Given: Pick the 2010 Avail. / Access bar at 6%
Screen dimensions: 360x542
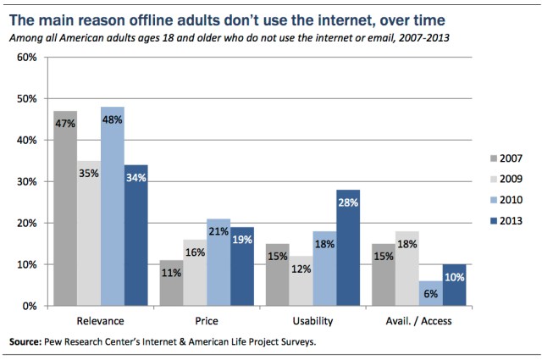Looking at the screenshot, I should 430,293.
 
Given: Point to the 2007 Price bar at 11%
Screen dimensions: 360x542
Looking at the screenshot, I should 171,283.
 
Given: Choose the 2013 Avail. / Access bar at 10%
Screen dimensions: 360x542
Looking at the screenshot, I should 454,285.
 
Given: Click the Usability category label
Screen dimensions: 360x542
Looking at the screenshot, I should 312,322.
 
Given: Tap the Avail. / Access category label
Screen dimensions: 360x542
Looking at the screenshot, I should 418,322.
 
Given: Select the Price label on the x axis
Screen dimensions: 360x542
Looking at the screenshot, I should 207,322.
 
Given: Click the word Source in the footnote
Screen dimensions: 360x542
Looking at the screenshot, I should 27,342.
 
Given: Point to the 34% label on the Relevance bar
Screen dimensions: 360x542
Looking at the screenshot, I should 135,177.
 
